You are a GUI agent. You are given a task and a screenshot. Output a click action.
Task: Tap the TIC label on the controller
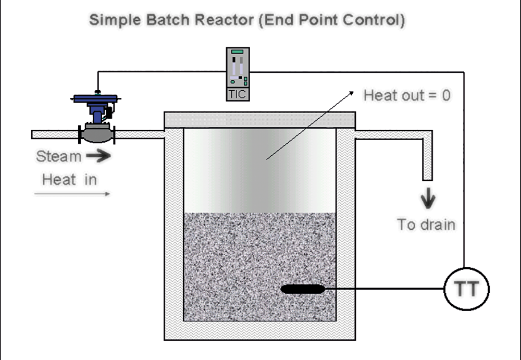coord(238,94)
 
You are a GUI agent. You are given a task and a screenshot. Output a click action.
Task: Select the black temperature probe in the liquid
coord(303,289)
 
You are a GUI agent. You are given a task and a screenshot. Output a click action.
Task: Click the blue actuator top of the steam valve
coord(95,98)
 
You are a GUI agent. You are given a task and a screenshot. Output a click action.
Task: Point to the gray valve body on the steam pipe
coord(97,134)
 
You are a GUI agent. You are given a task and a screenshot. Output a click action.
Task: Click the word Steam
coord(59,156)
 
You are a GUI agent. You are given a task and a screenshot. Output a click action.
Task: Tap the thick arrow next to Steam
coord(98,156)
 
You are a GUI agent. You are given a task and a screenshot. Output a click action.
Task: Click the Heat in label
coord(69,180)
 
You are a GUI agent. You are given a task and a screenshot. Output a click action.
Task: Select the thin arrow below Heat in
coord(72,194)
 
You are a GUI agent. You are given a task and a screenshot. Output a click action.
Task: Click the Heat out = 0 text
coord(407,95)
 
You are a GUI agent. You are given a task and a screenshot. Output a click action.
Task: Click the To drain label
coord(426,225)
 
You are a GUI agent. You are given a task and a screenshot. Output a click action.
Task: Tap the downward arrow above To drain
coord(428,198)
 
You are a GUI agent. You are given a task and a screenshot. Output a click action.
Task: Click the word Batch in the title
coord(168,20)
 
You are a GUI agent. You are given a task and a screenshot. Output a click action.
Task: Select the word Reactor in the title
coord(224,20)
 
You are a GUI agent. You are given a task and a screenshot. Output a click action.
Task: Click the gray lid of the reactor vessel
coord(260,120)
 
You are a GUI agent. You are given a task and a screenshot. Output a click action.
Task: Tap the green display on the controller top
coord(238,52)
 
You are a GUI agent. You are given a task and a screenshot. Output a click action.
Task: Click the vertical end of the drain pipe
coord(428,156)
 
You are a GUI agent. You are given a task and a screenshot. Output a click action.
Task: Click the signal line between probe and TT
coord(384,289)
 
